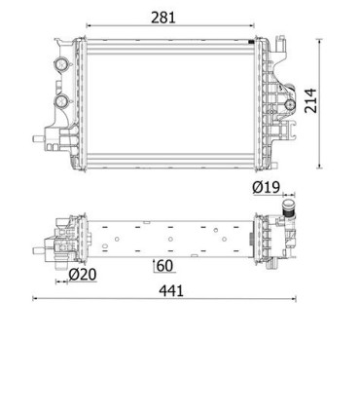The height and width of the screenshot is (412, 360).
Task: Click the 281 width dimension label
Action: point(163,18)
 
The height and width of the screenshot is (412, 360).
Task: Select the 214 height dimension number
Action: point(310,100)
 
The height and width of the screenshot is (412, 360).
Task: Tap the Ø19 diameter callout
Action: point(266,187)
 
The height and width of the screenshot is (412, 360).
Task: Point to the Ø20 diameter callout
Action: point(83,275)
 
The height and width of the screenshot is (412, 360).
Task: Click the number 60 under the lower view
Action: point(164,266)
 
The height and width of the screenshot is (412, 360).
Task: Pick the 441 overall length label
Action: point(171,291)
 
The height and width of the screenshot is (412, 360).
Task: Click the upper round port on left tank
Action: point(61,64)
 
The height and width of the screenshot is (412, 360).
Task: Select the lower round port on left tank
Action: point(61,101)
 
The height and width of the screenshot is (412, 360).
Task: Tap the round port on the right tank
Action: point(289,105)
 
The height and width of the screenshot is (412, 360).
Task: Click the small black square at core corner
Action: point(251,42)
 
